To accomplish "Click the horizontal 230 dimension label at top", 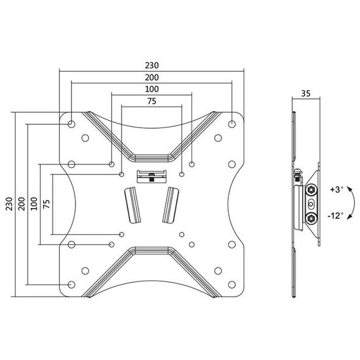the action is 152,65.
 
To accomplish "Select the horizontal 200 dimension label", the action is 152,77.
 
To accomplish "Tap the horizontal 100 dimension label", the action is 152,89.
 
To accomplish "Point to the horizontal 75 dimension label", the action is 152,101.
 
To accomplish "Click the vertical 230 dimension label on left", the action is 9,204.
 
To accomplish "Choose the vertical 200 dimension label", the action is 21,204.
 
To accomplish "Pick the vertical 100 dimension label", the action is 34,204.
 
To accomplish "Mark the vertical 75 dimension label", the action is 46,204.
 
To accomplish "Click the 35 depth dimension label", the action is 306,93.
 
